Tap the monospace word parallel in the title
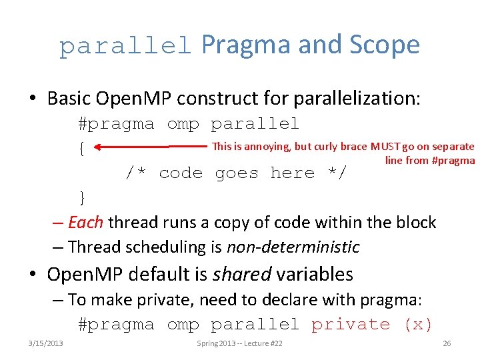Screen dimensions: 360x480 [125, 47]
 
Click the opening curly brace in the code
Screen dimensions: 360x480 [81, 149]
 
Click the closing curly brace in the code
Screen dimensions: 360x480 [81, 197]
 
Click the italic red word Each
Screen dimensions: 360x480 [86, 222]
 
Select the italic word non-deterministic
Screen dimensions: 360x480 [293, 247]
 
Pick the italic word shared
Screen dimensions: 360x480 [247, 274]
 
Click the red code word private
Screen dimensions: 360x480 [351, 325]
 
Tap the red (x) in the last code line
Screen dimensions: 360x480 [418, 325]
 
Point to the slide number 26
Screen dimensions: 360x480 [447, 343]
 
